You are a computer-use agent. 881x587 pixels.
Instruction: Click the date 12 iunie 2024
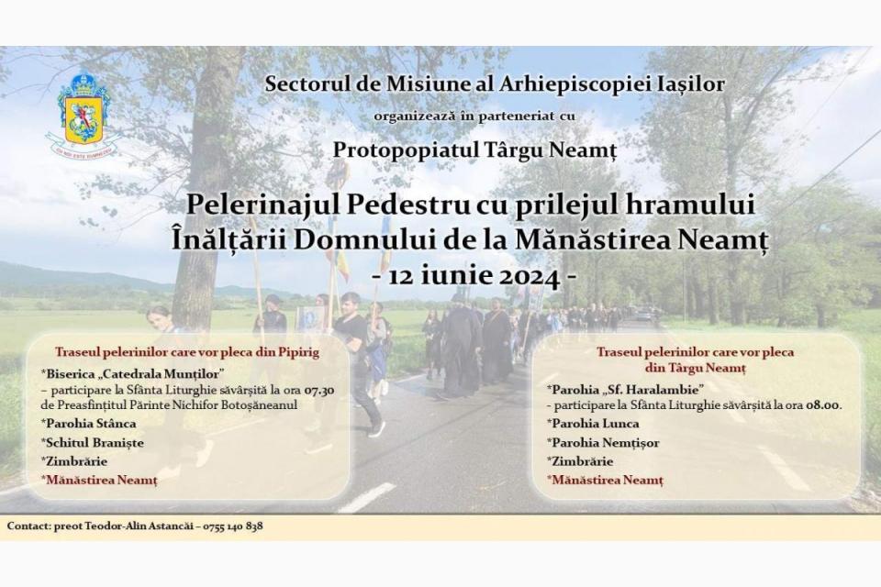coord(474,277)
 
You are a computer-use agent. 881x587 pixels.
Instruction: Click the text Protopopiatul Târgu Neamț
coord(474,150)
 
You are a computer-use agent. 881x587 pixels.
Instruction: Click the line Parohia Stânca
coord(89,424)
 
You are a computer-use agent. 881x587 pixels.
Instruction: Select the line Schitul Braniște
coord(92,443)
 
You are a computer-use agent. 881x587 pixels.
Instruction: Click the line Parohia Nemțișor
coord(604,443)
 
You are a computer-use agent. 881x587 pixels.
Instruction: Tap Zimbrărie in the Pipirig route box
coord(74,461)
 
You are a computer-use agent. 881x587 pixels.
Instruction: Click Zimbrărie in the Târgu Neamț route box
coord(580,461)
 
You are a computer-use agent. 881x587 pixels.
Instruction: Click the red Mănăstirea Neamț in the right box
coord(606,481)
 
